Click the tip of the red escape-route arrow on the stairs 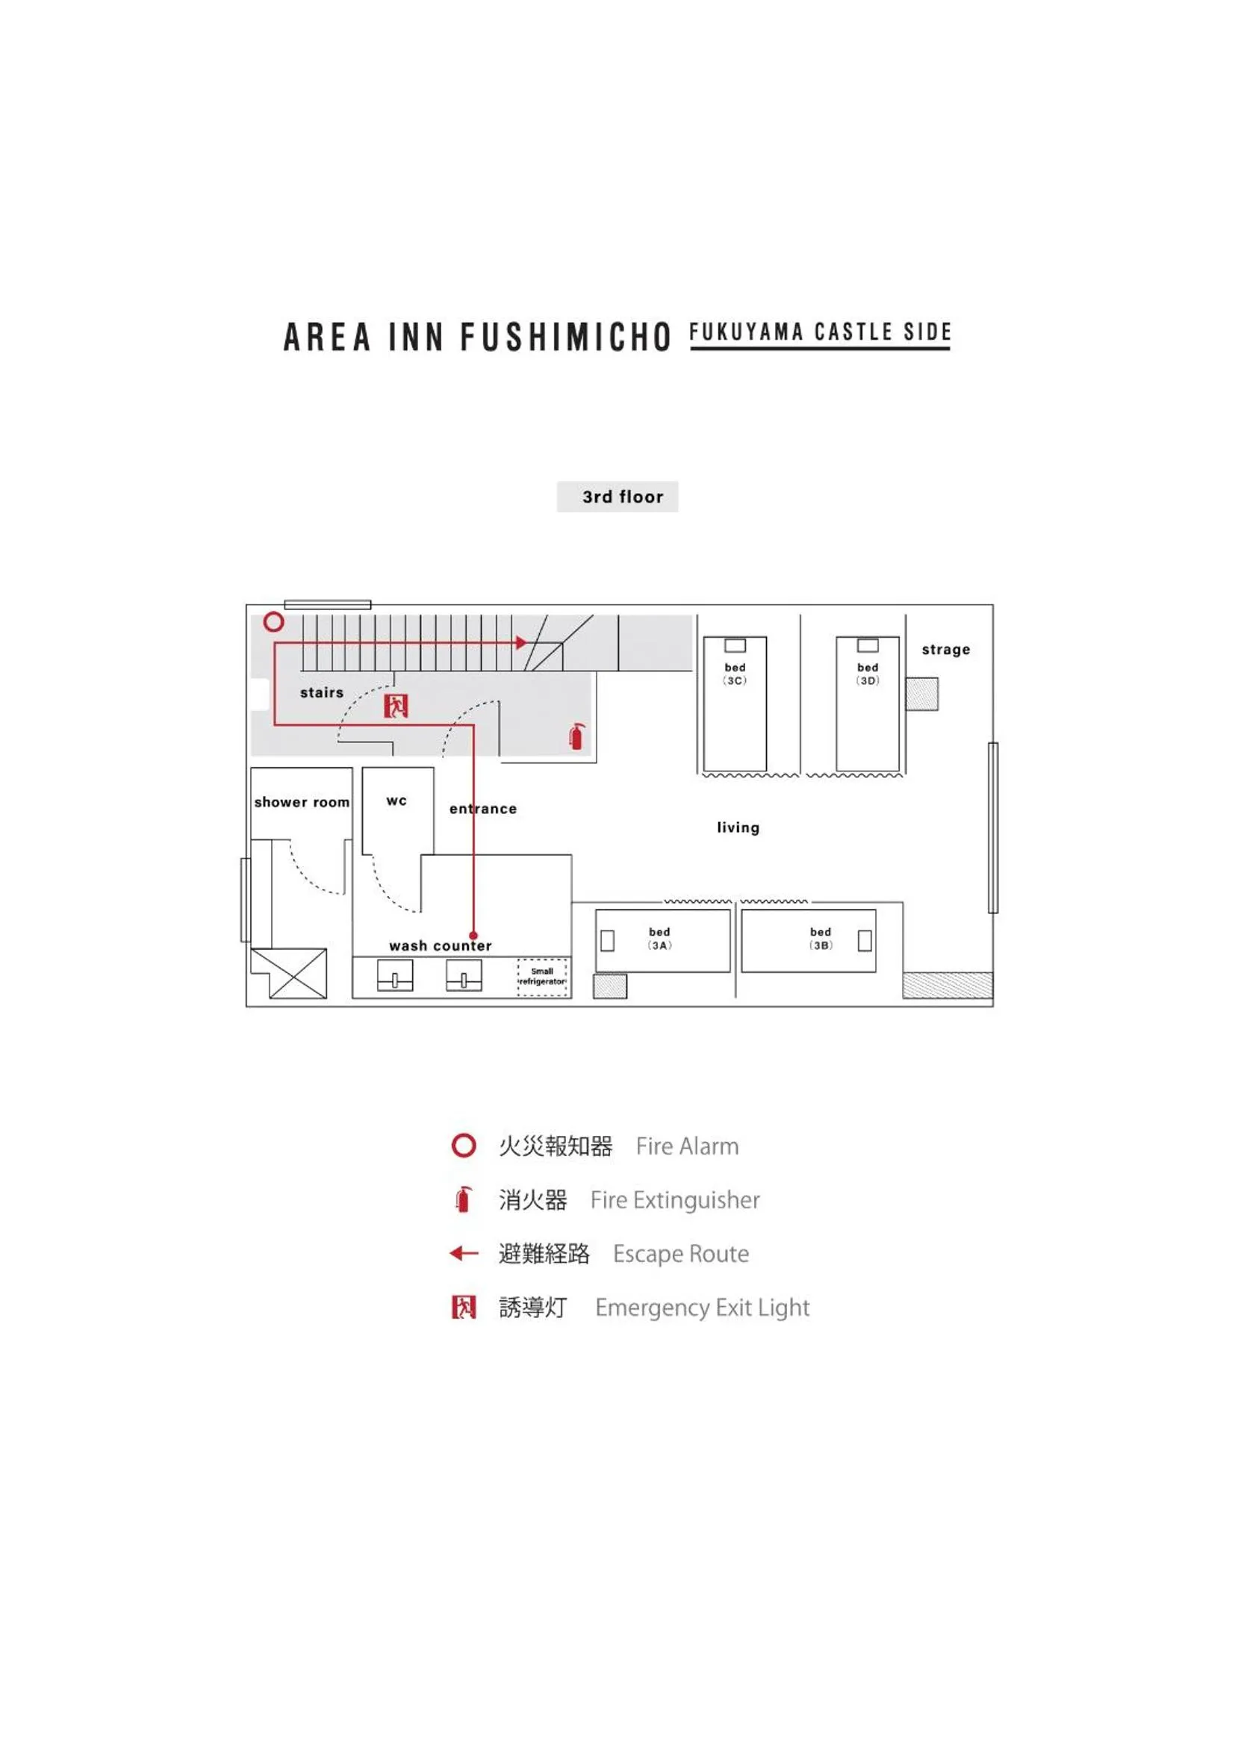527,642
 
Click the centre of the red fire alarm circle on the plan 274,622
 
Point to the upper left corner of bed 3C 703,637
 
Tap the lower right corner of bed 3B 876,972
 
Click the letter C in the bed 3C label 738,680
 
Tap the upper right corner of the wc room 435,767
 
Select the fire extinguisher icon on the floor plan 577,736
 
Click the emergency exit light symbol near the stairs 396,706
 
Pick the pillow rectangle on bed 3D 868,645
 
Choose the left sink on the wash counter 395,975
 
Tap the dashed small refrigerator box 542,978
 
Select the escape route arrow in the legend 464,1253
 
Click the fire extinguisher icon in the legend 463,1199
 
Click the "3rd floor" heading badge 617,497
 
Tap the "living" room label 738,827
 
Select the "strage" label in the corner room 946,650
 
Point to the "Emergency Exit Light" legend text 703,1308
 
